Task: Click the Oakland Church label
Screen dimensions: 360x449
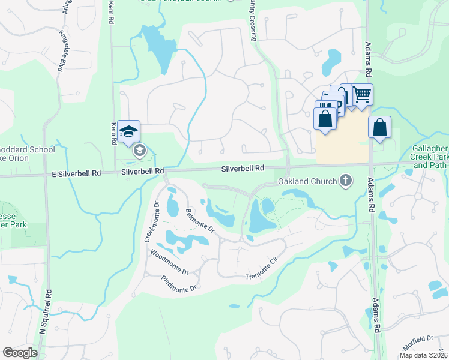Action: click(x=307, y=181)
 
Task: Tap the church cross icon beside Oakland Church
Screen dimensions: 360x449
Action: click(x=346, y=180)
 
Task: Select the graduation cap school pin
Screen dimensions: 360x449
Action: click(x=128, y=131)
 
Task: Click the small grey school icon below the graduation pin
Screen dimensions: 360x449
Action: click(x=139, y=151)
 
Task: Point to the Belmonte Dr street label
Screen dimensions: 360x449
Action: click(x=200, y=220)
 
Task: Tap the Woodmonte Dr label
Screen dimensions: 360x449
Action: click(x=169, y=262)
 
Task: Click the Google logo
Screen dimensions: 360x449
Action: click(x=20, y=352)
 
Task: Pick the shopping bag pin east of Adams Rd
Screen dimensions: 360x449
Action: click(x=379, y=128)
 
